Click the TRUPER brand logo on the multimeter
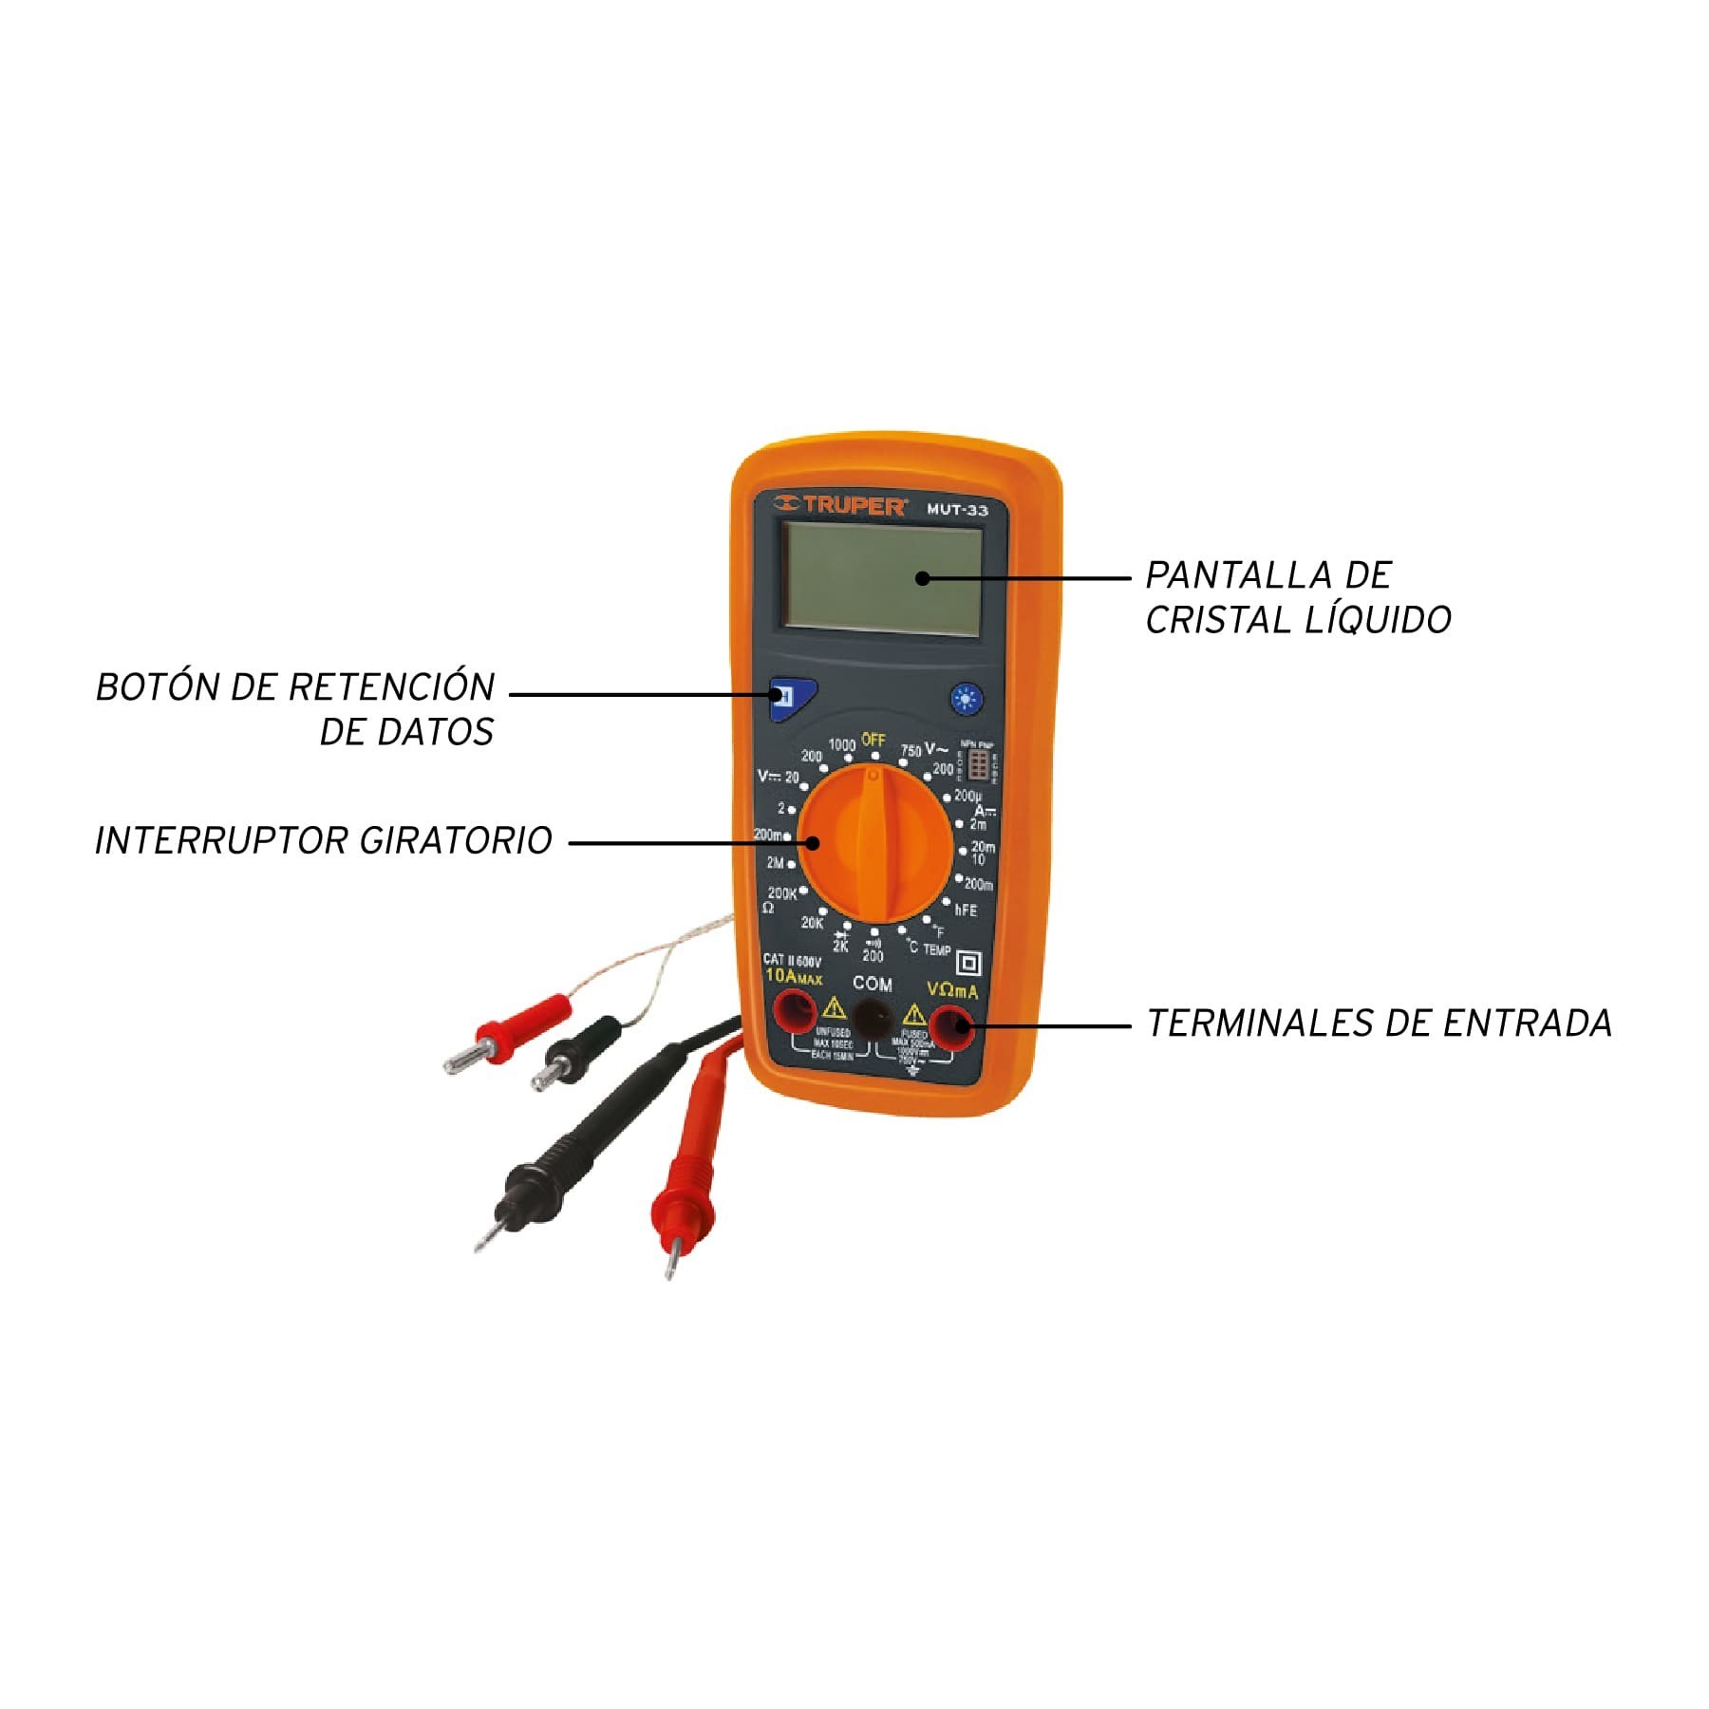[x=839, y=506]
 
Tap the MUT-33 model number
[x=957, y=510]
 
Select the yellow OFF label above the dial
[x=873, y=740]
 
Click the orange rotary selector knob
[x=874, y=846]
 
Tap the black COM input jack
[x=872, y=1020]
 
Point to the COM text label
[x=872, y=984]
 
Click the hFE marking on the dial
[x=966, y=910]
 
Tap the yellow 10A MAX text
[x=793, y=976]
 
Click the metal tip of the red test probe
[x=670, y=1262]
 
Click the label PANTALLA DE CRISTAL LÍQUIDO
[x=1297, y=597]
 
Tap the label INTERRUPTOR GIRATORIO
[x=323, y=841]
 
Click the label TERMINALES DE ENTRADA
[x=1379, y=1024]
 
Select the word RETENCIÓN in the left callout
[x=392, y=687]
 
